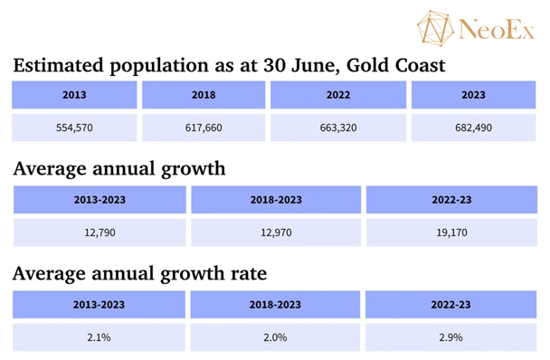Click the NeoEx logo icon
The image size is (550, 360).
click(x=435, y=28)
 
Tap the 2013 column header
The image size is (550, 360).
click(x=74, y=95)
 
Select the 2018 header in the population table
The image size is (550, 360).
click(x=204, y=95)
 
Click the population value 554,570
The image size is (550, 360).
click(x=74, y=128)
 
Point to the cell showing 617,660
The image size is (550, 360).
click(x=204, y=128)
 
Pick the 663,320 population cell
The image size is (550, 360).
click(x=338, y=128)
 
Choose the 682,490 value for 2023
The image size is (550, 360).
click(x=473, y=128)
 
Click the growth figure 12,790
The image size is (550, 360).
click(x=100, y=232)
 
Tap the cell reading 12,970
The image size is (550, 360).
click(x=276, y=232)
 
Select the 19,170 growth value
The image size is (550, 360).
click(x=451, y=232)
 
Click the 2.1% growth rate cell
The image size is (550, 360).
click(x=99, y=337)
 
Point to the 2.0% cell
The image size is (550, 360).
click(x=275, y=337)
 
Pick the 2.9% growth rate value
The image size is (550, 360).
click(x=450, y=337)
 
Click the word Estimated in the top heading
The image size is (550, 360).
click(x=59, y=65)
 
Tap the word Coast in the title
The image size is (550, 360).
click(x=421, y=65)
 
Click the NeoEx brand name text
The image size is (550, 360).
click(x=496, y=30)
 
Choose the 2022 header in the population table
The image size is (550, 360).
click(x=338, y=95)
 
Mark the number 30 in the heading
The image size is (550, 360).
click(x=274, y=65)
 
